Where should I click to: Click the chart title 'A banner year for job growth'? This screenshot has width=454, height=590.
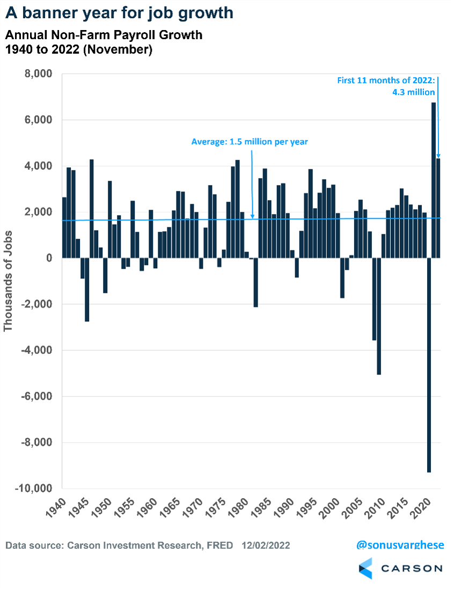tap(119, 12)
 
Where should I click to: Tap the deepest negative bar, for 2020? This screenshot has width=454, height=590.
tap(429, 365)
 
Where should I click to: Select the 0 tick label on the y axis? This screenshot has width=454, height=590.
tap(49, 258)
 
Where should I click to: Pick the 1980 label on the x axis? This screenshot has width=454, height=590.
tap(237, 506)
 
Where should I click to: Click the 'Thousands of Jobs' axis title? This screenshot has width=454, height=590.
tap(9, 281)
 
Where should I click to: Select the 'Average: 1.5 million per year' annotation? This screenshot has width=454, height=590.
tap(250, 142)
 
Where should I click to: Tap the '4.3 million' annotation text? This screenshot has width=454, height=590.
tap(414, 92)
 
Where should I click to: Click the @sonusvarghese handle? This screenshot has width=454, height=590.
tap(400, 545)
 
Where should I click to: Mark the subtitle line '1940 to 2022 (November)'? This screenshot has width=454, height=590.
tap(79, 50)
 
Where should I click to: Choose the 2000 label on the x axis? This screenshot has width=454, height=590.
tap(328, 506)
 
